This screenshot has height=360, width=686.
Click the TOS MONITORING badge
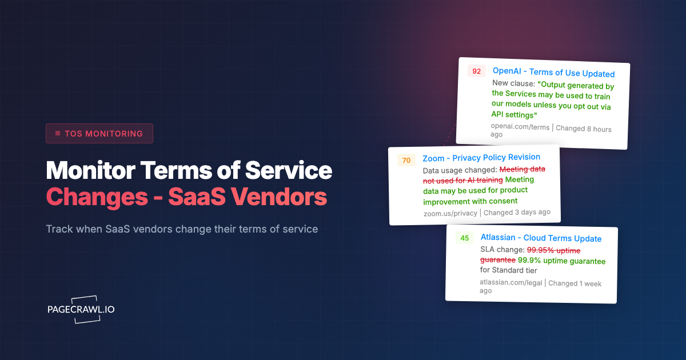click(x=99, y=134)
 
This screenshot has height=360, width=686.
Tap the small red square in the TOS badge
click(x=58, y=134)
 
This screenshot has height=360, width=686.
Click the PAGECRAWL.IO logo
click(x=81, y=309)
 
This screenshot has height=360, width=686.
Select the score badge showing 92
click(x=476, y=71)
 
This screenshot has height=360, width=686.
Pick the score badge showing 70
click(x=406, y=161)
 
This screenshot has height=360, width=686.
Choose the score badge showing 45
click(x=464, y=238)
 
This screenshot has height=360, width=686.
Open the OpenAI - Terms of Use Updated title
click(x=553, y=73)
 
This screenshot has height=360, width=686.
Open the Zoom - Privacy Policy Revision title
click(x=481, y=157)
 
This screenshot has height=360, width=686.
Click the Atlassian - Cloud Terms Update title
click(x=541, y=238)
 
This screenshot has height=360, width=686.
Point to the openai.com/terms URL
click(x=520, y=127)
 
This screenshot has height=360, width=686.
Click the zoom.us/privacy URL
click(x=450, y=213)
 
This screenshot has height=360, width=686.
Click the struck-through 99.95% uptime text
click(x=553, y=250)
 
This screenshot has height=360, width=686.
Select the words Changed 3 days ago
click(x=517, y=212)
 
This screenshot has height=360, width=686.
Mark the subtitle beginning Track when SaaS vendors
click(x=182, y=229)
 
